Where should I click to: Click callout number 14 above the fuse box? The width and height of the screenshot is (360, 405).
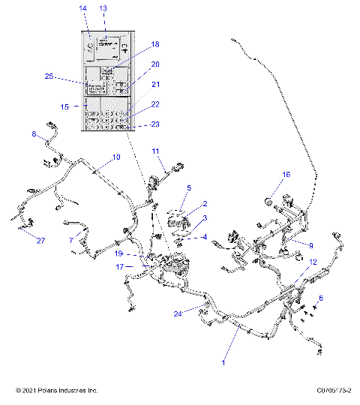(83, 7)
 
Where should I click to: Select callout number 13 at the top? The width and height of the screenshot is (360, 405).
(103, 7)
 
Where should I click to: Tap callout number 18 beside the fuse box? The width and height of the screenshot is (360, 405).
(155, 44)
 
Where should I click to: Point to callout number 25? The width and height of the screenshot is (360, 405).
(49, 76)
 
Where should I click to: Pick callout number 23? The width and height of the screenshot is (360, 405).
(155, 124)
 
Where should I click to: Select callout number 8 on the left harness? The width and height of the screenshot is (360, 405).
(34, 134)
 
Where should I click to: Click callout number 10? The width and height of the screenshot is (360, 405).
(116, 157)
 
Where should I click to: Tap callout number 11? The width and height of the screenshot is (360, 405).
(156, 151)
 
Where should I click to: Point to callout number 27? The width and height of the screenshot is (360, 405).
(40, 241)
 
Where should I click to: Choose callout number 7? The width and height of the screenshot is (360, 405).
(71, 240)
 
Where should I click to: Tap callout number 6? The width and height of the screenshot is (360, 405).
(322, 298)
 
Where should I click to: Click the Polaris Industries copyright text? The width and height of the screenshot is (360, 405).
(57, 391)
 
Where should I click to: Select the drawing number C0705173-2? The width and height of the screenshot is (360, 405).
(334, 391)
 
